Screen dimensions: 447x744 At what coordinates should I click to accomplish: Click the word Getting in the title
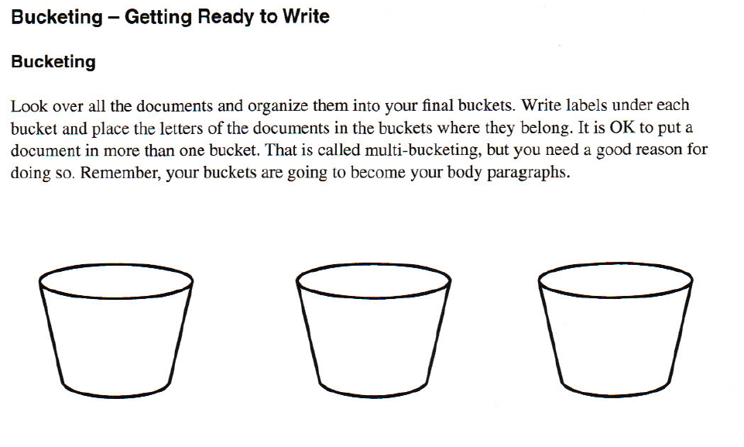point(158,17)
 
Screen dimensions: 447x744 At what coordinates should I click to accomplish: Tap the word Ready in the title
point(227,17)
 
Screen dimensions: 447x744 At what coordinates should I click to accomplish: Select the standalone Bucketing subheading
point(53,63)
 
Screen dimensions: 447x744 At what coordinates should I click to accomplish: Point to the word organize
point(279,106)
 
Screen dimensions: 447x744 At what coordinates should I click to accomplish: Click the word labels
point(580,105)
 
